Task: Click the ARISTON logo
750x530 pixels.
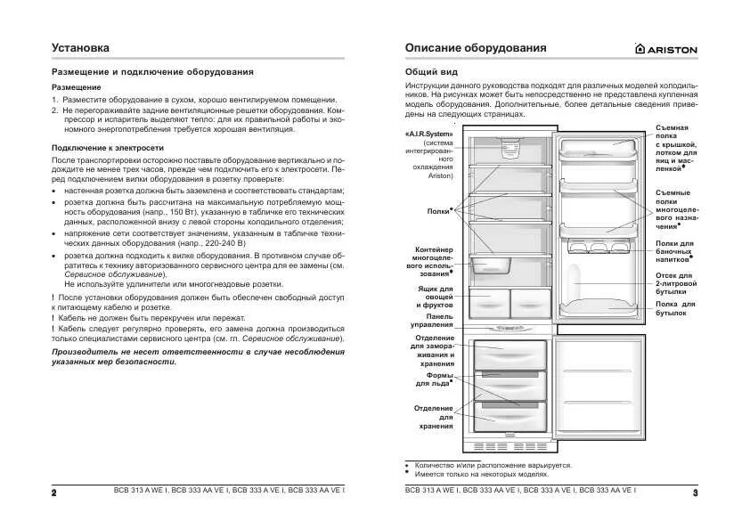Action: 665,49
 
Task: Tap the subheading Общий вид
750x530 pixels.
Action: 429,70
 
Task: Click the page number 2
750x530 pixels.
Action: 54,493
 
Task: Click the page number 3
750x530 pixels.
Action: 694,493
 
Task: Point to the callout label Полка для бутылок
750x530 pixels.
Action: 675,309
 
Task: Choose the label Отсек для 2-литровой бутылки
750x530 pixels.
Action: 675,282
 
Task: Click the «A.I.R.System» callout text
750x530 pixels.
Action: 430,133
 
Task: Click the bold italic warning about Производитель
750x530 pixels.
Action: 198,357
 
